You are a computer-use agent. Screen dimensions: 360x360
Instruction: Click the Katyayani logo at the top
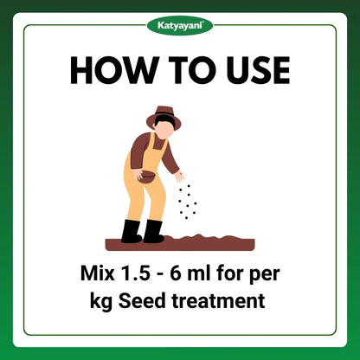(180, 25)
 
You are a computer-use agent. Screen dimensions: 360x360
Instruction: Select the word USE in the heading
(258, 70)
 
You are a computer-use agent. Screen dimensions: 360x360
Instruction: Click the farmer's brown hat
(164, 117)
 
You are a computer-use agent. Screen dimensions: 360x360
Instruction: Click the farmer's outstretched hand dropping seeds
(179, 176)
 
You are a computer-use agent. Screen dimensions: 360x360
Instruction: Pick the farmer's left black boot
(131, 231)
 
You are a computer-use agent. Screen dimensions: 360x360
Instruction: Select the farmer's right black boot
(153, 231)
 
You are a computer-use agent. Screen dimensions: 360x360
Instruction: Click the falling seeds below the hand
(187, 202)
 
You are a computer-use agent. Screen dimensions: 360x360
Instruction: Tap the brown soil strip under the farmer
(180, 243)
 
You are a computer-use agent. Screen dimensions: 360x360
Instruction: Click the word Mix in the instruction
(98, 273)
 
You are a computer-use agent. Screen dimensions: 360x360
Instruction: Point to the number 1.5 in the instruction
(135, 273)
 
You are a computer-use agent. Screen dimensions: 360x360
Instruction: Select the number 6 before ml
(176, 273)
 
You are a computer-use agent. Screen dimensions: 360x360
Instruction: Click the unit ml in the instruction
(199, 273)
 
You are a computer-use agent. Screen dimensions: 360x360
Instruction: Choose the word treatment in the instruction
(218, 302)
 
